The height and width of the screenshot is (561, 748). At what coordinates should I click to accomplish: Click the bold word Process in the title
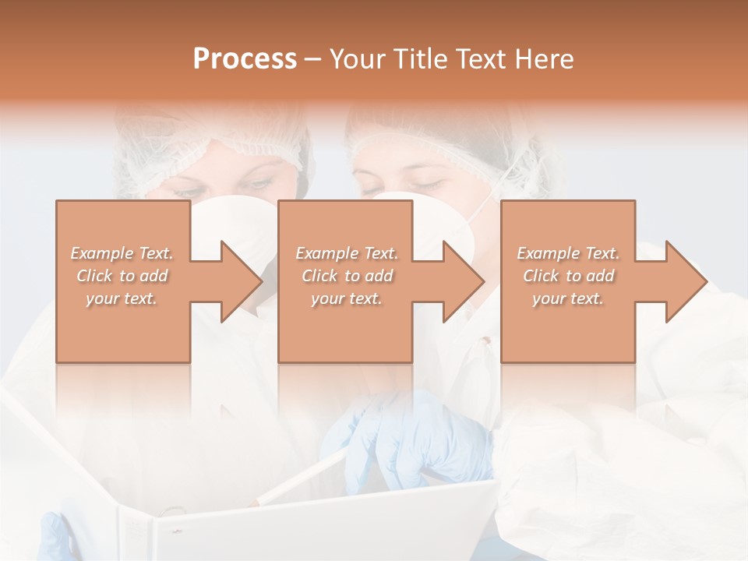(x=245, y=59)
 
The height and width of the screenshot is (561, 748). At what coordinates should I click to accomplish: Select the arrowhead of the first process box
(x=238, y=281)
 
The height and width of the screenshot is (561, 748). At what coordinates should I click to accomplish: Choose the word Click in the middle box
(x=319, y=276)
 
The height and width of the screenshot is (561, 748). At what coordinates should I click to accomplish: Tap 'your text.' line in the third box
(x=568, y=298)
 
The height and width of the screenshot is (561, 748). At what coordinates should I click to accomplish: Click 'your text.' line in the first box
(x=122, y=298)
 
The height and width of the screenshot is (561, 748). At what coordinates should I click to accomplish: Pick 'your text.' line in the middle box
(x=346, y=298)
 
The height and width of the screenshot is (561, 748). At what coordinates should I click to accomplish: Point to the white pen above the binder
(x=304, y=478)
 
